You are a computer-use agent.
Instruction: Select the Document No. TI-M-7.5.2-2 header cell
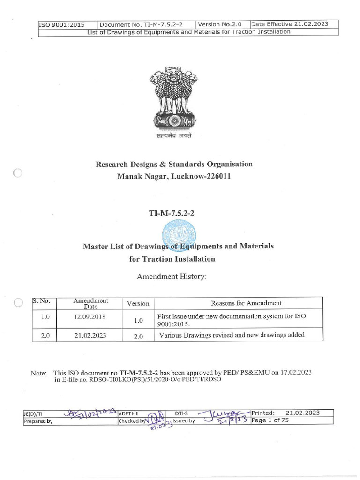pyautogui.click(x=146, y=24)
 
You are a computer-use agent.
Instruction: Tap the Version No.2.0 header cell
pyautogui.click(x=223, y=24)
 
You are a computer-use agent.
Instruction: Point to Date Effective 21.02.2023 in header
pyautogui.click(x=289, y=24)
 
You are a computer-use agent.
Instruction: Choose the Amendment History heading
pyautogui.click(x=171, y=277)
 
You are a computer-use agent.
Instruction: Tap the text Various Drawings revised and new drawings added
pyautogui.click(x=232, y=335)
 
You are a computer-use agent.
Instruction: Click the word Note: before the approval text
pyautogui.click(x=38, y=373)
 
